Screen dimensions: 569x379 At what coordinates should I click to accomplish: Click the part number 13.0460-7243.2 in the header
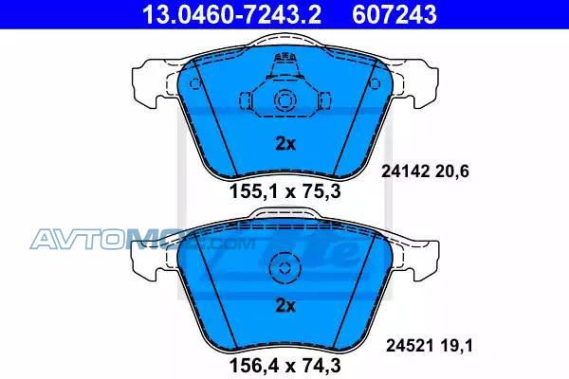coord(231,14)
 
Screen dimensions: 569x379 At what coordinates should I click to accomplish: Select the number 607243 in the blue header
coord(395,14)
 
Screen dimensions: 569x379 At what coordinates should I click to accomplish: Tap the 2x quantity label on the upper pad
coord(285,144)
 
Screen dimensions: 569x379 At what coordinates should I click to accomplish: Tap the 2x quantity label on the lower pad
coord(285,306)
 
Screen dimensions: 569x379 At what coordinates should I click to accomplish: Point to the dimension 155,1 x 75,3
coord(285,191)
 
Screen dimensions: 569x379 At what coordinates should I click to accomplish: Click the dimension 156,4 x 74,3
coord(285,365)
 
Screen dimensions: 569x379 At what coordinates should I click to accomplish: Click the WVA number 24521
coord(410,346)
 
